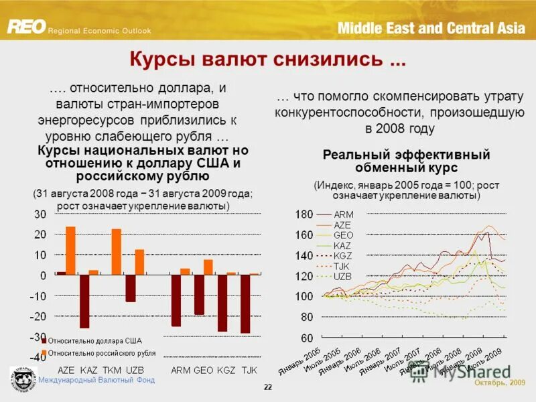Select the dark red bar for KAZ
tap(84, 301)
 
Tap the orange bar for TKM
tap(116, 251)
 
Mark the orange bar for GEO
tap(208, 267)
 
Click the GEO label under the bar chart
tap(204, 370)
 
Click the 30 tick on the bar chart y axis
tap(40, 214)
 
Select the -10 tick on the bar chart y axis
tap(38, 296)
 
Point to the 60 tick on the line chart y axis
tap(306, 338)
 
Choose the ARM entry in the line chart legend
tap(343, 214)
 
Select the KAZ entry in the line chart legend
tap(342, 245)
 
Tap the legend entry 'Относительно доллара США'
tap(93, 341)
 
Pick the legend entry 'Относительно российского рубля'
tap(101, 352)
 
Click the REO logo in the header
tap(27, 26)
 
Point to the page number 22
tap(268, 388)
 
